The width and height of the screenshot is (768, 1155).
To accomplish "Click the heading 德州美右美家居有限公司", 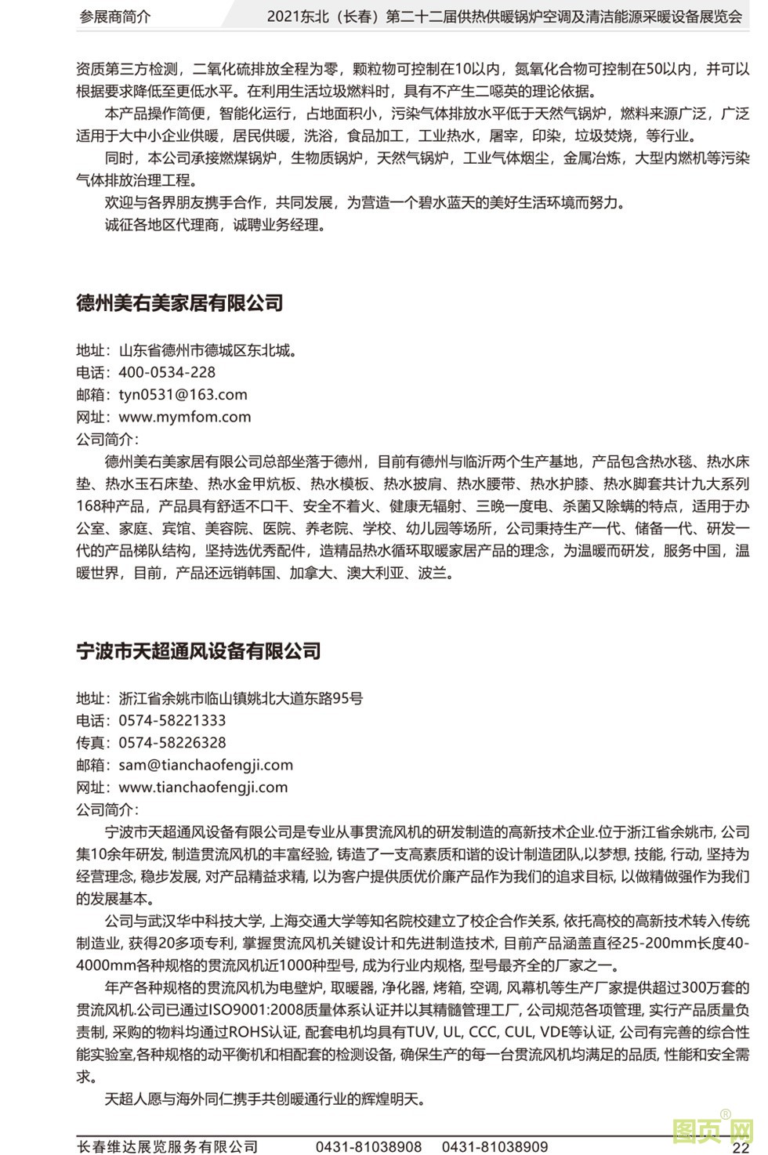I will coord(179,303).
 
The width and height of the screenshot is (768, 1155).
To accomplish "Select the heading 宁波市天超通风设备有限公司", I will coord(198,651).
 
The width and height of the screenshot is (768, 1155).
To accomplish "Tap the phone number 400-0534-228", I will coord(167,372).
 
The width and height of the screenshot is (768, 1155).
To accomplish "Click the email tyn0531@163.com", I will coord(183,394).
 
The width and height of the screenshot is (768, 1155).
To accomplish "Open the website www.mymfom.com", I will coord(185,417).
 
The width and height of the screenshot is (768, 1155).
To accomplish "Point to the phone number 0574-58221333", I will coord(172,720).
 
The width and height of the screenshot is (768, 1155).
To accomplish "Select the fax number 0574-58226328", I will coord(172,742).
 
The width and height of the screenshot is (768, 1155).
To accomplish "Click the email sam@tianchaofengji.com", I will coord(205,765).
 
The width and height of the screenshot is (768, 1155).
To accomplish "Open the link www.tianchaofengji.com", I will coord(203,787).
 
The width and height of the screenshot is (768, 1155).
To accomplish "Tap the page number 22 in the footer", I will coord(741,1147).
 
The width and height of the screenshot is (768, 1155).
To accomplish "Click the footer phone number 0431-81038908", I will coord(368,1146).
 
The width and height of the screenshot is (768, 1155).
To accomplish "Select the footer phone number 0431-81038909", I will coord(494,1146).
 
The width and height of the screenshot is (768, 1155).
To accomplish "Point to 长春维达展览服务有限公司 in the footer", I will coord(168,1146).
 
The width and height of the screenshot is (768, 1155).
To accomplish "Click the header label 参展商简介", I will coord(115,16).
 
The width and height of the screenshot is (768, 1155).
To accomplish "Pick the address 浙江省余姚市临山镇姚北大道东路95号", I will coord(241,698).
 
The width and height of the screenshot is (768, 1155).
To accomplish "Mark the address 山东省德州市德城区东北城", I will coord(207,350).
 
